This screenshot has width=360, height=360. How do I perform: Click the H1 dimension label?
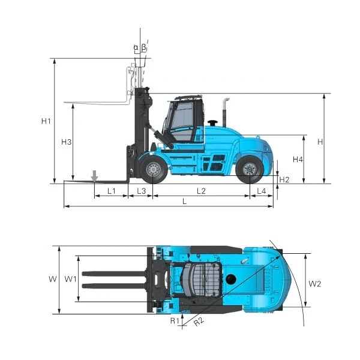46,121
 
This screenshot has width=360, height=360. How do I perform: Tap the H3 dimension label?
67,142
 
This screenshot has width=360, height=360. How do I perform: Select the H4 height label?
298,159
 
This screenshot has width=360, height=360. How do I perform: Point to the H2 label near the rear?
284,179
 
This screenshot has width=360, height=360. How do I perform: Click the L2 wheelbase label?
201,191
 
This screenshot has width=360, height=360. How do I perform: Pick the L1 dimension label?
112,191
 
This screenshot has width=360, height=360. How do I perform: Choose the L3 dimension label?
141,191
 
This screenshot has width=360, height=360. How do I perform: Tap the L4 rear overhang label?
261,191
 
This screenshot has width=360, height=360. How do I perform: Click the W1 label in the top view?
70,279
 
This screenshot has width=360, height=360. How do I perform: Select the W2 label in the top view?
314,284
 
